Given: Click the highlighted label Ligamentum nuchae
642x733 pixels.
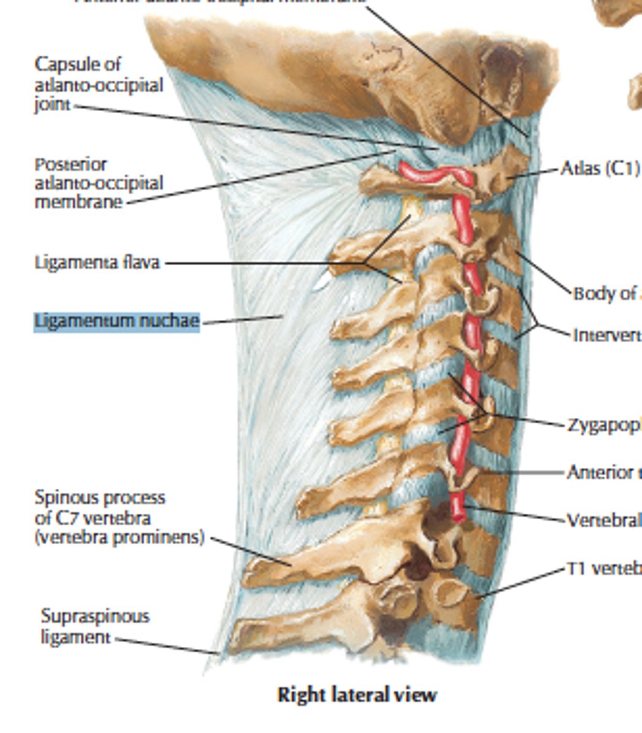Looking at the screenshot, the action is tap(117, 321).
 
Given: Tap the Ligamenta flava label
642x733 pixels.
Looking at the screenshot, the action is tap(97, 263).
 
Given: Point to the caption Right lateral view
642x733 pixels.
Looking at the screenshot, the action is tap(357, 695).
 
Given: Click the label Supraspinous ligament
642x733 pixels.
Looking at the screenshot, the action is tap(95, 626).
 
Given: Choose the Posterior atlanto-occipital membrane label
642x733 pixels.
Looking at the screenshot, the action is tap(98, 183).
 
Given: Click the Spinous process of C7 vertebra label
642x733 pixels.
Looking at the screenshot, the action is tap(119, 519).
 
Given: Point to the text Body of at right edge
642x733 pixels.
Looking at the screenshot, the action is tap(606, 294).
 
